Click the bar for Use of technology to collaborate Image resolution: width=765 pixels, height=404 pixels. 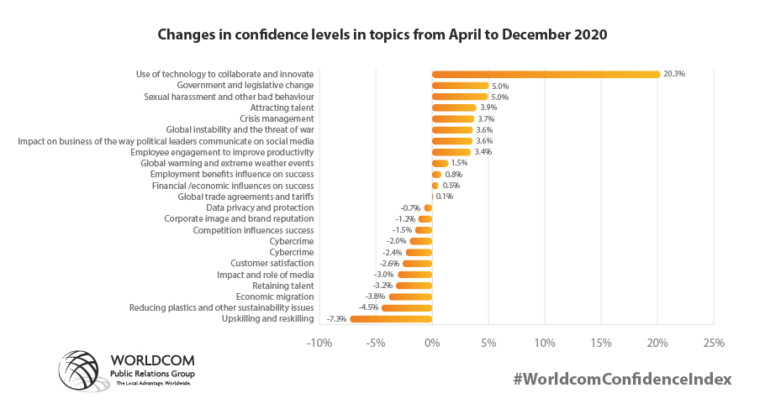pos(546,74)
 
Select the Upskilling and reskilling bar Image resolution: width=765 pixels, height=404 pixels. pos(391,319)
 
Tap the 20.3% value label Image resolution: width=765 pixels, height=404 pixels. pos(674,74)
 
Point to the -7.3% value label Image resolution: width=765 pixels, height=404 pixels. pos(336,319)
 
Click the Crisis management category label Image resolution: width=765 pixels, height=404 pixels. pos(277,119)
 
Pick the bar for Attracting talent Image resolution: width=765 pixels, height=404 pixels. pos(454,108)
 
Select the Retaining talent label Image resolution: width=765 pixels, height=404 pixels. pos(283,286)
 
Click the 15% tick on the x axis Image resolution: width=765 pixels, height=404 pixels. pos(600,343)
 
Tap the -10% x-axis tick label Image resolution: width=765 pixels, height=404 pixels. pos(319,343)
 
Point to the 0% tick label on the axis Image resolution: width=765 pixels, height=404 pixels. pos(432,343)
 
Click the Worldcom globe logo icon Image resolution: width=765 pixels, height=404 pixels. pos(82,371)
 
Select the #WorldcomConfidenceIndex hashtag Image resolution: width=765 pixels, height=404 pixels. pos(623,379)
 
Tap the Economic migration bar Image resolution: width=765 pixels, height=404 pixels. pos(410,296)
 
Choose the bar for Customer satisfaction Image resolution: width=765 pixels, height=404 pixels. pos(417,264)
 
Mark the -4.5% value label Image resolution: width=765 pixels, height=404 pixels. pos(368,307)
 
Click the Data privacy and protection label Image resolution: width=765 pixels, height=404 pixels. pos(260,207)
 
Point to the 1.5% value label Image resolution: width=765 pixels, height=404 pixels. pos(459,163)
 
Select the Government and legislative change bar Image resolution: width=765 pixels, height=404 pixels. pos(460,86)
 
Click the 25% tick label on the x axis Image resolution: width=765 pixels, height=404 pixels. pos(714,343)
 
